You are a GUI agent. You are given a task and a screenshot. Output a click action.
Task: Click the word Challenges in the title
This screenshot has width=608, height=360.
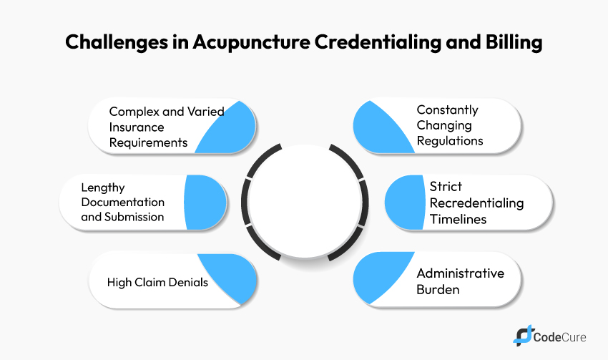click(x=114, y=42)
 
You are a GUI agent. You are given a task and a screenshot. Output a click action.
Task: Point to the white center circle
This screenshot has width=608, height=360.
click(x=305, y=203)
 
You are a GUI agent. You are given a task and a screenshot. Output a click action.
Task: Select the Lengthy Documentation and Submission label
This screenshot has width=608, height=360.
click(x=122, y=203)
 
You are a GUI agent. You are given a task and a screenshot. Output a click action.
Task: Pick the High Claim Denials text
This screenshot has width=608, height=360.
click(x=157, y=282)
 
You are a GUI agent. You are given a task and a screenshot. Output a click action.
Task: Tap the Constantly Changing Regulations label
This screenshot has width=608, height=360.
click(x=449, y=126)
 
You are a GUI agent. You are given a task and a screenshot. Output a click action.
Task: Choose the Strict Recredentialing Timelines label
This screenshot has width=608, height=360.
click(x=476, y=203)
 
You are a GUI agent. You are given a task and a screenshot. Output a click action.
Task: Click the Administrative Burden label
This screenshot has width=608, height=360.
click(x=460, y=281)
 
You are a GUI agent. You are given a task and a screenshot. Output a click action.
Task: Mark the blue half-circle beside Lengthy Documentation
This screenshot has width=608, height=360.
click(x=204, y=203)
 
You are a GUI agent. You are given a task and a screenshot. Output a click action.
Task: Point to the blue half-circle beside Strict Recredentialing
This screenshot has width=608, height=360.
click(x=404, y=203)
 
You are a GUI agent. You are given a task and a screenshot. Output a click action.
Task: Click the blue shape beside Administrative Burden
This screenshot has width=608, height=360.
click(x=379, y=278)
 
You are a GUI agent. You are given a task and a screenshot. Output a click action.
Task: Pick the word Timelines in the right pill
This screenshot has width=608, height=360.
click(x=458, y=219)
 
